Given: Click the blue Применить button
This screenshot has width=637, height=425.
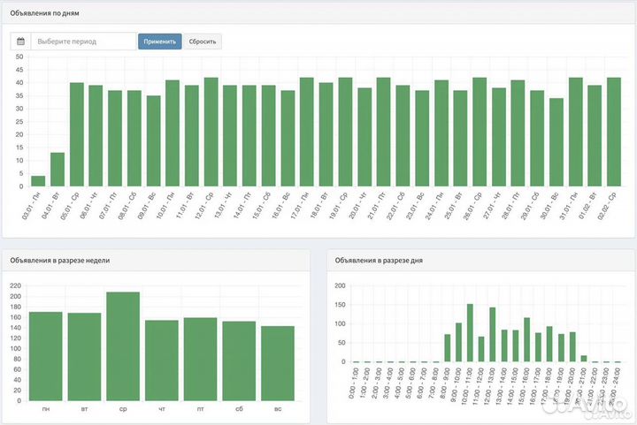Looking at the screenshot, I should [160, 42].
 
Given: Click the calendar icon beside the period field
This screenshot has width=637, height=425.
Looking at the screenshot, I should [21, 42].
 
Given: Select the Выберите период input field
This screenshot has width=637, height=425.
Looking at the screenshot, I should [83, 42].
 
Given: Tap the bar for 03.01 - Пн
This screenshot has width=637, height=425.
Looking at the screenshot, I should [38, 181].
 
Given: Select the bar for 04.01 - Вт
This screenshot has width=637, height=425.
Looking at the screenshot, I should [58, 170].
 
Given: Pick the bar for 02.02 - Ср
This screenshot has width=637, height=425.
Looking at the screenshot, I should [614, 132].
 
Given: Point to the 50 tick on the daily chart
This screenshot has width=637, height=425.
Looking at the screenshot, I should [19, 57].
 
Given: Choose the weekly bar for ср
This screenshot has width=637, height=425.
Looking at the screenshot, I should [123, 344].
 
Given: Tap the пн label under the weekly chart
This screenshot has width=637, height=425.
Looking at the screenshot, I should [45, 409].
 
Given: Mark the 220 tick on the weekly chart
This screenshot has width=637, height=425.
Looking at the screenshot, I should [16, 285].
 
